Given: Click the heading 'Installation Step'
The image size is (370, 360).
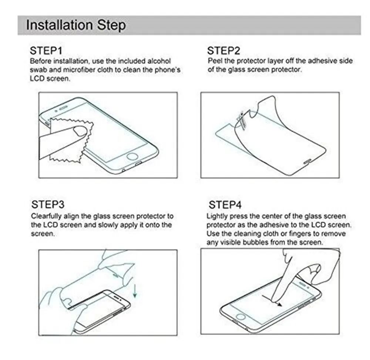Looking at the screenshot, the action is [76, 25].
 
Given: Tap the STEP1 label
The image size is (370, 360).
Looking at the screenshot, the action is [46, 50].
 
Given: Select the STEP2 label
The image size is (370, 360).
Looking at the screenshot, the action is [223, 50].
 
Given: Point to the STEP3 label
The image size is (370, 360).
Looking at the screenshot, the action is [48, 204].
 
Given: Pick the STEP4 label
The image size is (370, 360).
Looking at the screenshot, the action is [225, 204].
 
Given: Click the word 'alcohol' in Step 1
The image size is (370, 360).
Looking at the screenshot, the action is [159, 61].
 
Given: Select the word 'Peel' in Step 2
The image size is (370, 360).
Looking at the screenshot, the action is [215, 61].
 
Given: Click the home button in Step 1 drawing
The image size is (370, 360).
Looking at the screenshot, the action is [132, 156].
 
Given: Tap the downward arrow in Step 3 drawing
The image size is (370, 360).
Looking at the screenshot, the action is [135, 291].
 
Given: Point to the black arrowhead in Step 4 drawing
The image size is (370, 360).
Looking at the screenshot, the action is [279, 304].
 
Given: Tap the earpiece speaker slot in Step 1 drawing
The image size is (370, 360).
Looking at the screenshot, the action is [63, 108].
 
